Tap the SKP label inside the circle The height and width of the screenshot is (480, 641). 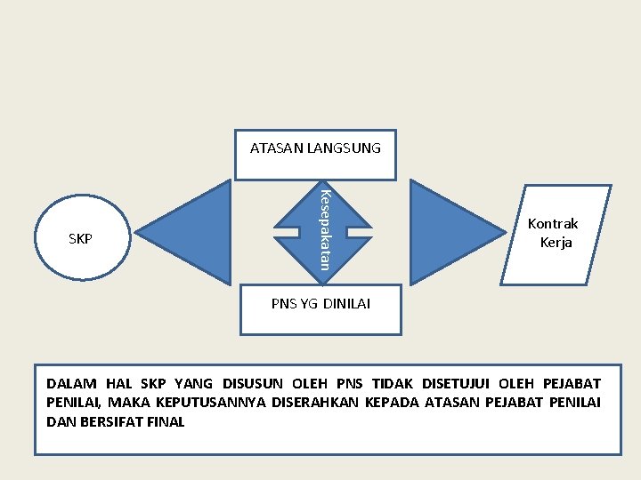click(x=80, y=239)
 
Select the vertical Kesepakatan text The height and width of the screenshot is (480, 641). click(x=326, y=229)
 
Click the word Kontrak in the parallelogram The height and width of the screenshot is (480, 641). click(x=553, y=224)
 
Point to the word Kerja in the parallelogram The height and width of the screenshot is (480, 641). click(x=556, y=243)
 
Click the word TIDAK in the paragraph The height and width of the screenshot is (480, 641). click(x=392, y=384)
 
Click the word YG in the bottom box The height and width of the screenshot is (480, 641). click(x=309, y=304)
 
